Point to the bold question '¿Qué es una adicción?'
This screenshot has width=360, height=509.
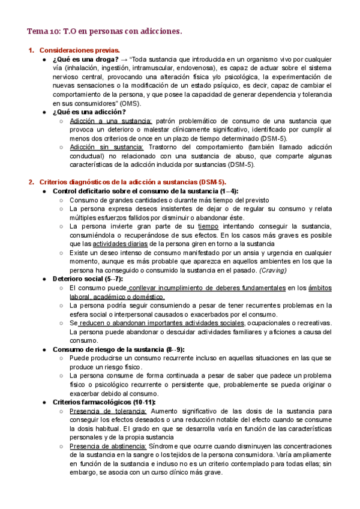tap(89, 112)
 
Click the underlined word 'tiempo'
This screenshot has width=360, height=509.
tap(208, 226)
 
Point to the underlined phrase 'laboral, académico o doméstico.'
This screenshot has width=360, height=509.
tap(117, 297)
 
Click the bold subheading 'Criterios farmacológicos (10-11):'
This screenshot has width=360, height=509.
tap(104, 402)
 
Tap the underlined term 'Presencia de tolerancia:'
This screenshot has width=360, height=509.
tap(108, 411)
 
